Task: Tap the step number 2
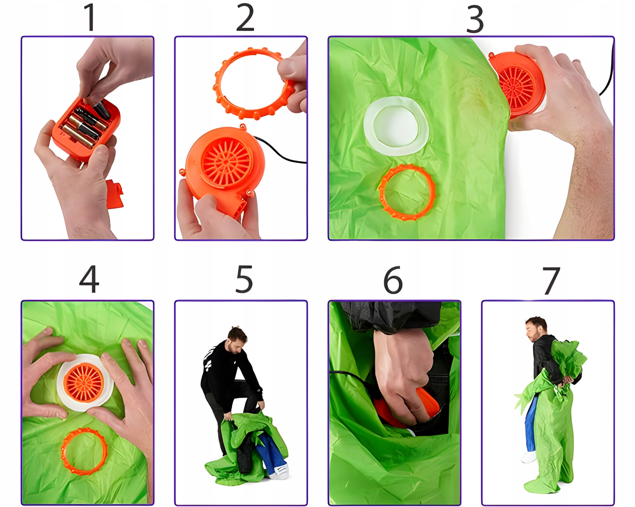[245, 18]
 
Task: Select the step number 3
[475, 19]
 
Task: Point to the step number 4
[89, 279]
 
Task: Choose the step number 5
[244, 279]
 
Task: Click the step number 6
[393, 280]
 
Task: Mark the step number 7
[551, 281]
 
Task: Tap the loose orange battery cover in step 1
[114, 194]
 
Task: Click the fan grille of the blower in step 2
[226, 162]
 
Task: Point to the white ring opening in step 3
[396, 126]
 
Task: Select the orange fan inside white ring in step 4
[84, 382]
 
